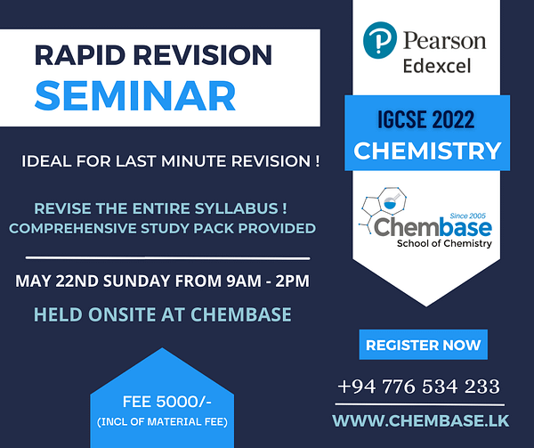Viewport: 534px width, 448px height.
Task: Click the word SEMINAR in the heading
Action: (x=135, y=95)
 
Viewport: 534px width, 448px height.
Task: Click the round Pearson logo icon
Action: (x=380, y=40)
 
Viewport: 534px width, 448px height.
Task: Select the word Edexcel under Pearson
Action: (x=437, y=66)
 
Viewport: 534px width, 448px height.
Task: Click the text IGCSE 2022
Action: (x=425, y=119)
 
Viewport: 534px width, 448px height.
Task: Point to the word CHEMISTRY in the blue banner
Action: (x=427, y=151)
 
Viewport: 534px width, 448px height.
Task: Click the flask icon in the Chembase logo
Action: (x=391, y=201)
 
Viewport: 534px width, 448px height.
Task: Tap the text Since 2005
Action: (x=467, y=216)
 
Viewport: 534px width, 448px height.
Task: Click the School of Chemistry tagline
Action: (x=444, y=243)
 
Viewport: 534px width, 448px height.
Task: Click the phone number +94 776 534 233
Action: (x=419, y=387)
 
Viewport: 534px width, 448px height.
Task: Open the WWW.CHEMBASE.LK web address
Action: (x=421, y=420)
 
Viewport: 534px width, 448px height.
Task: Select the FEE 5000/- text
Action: (x=167, y=402)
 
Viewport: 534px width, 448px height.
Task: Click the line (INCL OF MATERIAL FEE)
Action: (x=162, y=422)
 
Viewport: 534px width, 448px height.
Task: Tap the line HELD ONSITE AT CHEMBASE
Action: (x=163, y=314)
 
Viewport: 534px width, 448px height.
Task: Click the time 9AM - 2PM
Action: (x=268, y=281)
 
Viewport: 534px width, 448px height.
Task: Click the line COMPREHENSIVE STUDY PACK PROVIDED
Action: (x=163, y=228)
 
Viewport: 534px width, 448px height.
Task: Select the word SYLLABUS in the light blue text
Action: (x=237, y=208)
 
